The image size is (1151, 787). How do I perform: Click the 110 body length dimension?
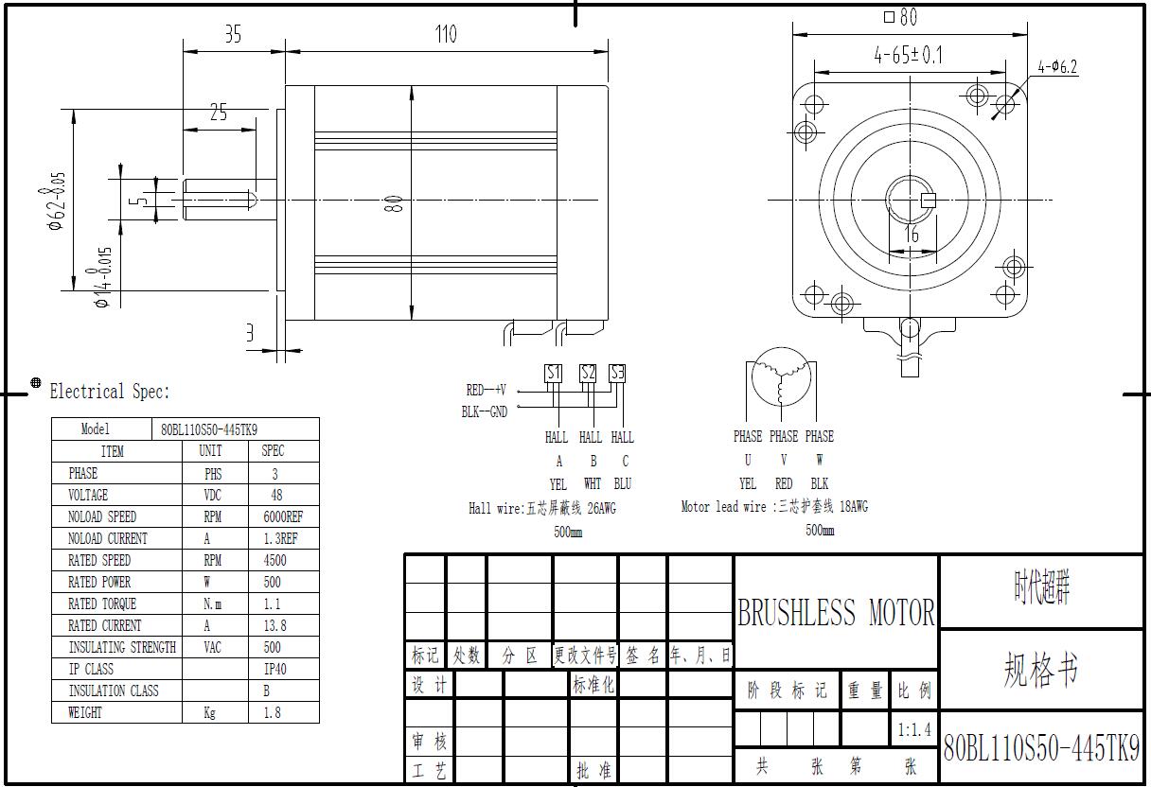click(x=446, y=34)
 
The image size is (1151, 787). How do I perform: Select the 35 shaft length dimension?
click(x=233, y=34)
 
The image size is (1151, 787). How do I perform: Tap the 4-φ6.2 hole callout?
click(x=1057, y=67)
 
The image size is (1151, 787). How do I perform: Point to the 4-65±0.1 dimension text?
click(x=908, y=55)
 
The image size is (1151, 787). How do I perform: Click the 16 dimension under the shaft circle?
click(x=911, y=234)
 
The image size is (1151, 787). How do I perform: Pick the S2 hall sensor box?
click(x=587, y=374)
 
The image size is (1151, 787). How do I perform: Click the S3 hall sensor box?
click(x=617, y=374)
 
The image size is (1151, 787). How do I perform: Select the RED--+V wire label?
click(x=487, y=390)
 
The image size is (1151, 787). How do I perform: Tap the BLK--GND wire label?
click(x=484, y=411)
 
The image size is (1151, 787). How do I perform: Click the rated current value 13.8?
click(x=274, y=625)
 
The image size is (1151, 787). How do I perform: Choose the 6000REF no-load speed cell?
click(x=283, y=516)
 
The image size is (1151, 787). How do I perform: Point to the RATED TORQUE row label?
click(x=102, y=603)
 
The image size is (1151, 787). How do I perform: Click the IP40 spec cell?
click(x=274, y=669)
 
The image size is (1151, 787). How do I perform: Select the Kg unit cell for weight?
click(x=209, y=712)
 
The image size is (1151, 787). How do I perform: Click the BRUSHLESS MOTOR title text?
click(x=836, y=612)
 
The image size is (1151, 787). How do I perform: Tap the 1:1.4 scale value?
click(x=914, y=729)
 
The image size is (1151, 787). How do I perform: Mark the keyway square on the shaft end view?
click(x=929, y=201)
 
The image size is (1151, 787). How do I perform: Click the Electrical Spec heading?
click(x=110, y=392)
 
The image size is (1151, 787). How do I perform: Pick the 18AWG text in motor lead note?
click(x=854, y=507)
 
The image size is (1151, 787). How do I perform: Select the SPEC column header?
click(x=273, y=451)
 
